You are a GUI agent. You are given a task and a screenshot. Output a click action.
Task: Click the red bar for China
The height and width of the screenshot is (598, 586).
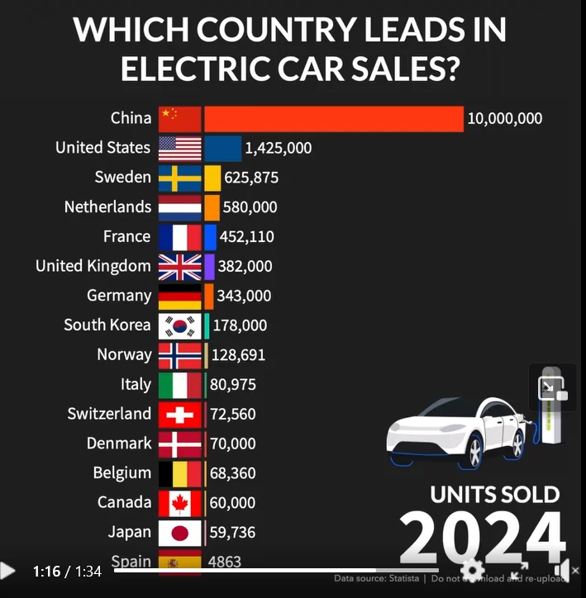coord(333,118)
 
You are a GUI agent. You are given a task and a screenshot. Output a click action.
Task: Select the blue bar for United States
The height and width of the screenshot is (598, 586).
coord(222,148)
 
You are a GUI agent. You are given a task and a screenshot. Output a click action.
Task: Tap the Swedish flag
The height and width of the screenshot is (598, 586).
coord(180,178)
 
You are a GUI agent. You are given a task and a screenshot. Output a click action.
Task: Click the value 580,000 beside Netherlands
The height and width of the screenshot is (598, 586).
coord(250,207)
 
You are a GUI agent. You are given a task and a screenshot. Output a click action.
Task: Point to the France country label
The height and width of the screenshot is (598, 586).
coord(126,236)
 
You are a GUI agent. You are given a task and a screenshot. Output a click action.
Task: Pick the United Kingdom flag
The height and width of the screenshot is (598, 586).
coord(180,266)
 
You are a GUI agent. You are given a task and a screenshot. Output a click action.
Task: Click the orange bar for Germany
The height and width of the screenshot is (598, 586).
coord(209,296)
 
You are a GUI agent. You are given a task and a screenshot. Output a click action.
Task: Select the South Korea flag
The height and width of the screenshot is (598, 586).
coord(180,325)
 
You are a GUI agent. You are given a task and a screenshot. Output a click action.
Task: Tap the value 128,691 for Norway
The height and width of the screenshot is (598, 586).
coord(239,355)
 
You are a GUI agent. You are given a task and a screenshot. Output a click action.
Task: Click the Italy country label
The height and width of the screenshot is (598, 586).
coord(136,384)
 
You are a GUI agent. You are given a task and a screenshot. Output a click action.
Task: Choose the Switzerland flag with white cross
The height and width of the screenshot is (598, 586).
coord(180,414)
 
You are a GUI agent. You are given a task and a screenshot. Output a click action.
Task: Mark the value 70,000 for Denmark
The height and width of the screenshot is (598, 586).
coord(233,444)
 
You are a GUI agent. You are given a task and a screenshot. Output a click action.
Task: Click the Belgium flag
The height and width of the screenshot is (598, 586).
coord(180,473)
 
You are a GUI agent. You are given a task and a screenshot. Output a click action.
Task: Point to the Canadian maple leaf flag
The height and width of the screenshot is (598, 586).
coord(180,502)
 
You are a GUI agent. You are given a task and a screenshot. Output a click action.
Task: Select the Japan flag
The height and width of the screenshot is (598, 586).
coord(180,532)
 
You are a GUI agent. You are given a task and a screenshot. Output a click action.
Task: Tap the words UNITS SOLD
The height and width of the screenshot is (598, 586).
coord(494,495)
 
